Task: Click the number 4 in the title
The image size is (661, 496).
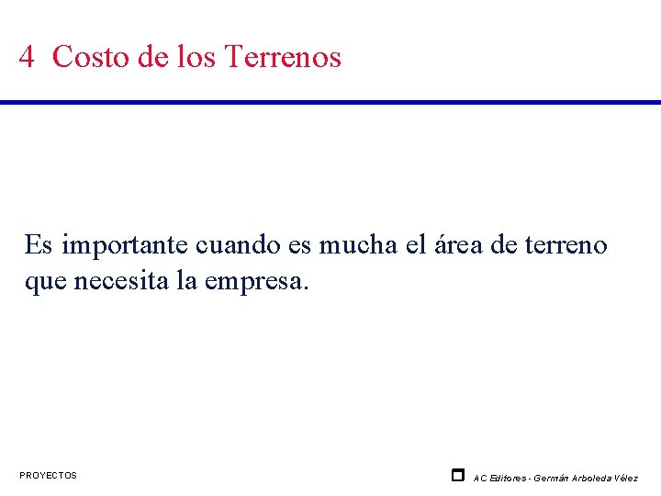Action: tap(27, 57)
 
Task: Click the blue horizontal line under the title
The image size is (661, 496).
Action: tap(330, 102)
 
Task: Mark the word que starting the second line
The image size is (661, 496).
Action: tap(45, 281)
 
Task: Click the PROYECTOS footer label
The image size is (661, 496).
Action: tap(49, 476)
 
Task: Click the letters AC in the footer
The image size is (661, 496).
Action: tap(480, 478)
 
